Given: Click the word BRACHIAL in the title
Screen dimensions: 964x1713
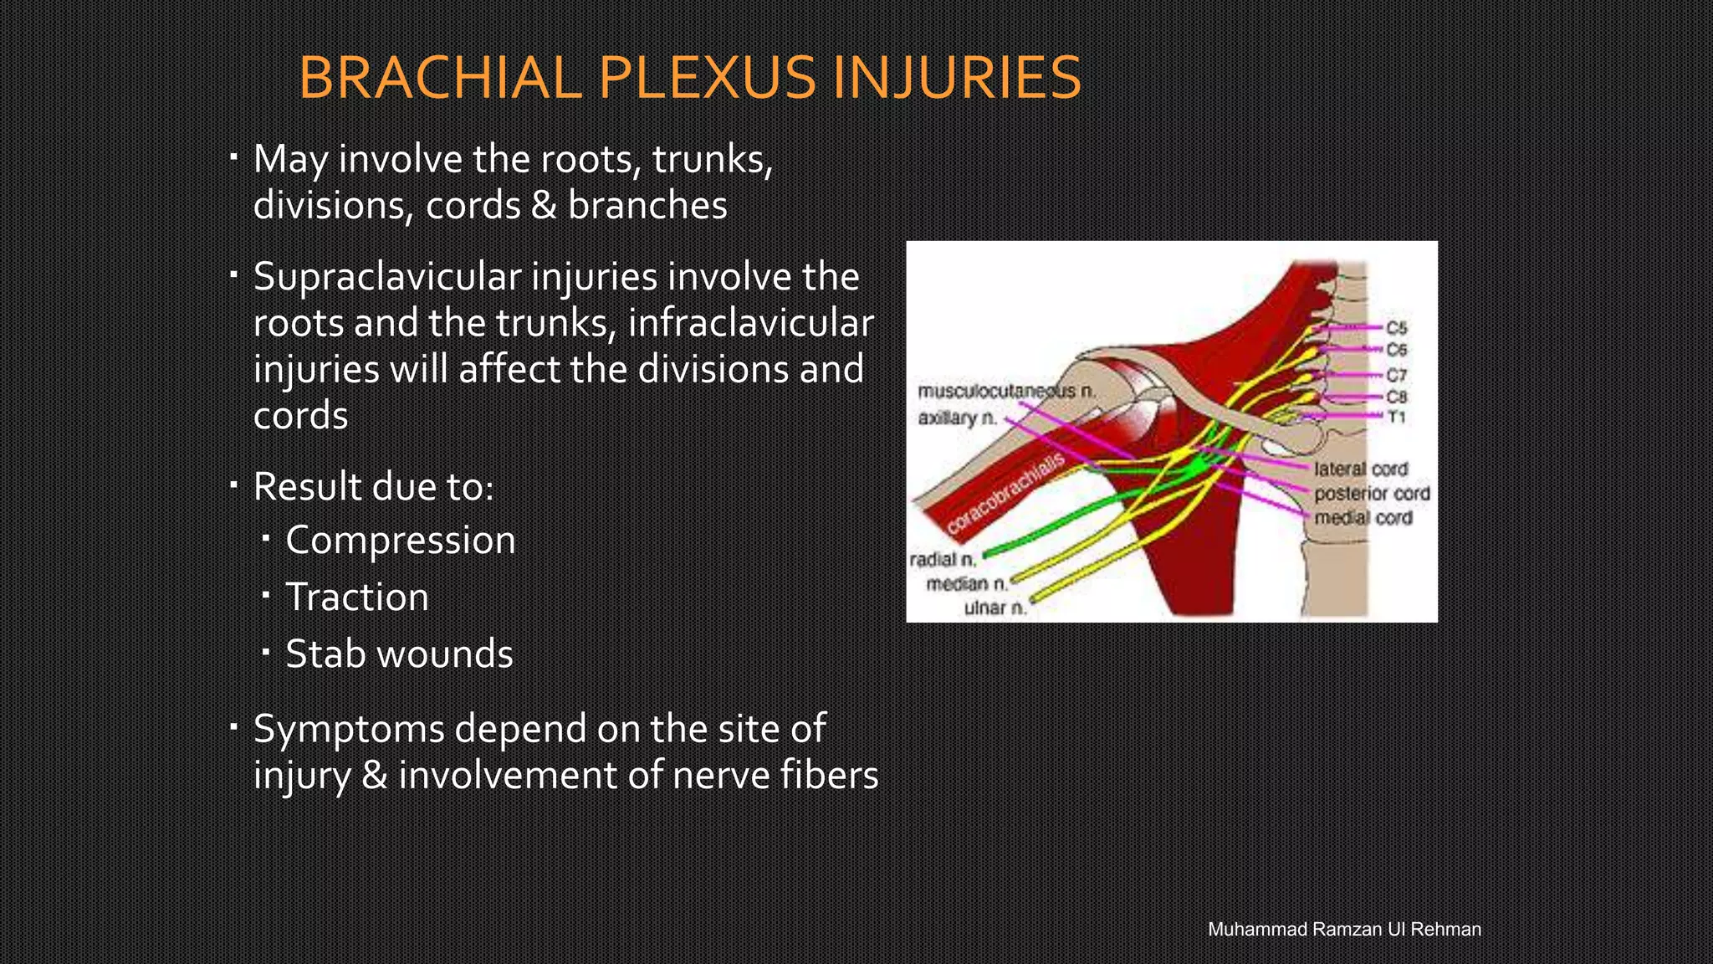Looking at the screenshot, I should [440, 78].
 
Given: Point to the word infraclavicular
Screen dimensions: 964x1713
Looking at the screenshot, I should [750, 323].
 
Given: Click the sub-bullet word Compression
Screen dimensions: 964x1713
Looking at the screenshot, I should [401, 541].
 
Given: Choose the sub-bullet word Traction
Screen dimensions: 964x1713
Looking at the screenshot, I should [357, 597].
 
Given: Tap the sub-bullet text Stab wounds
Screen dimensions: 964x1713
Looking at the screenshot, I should [399, 654].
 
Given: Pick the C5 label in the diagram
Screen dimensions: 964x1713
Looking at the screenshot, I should [1396, 328].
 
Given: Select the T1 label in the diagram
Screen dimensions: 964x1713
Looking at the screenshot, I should [1396, 417].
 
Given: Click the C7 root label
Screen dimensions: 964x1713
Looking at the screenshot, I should [1396, 375].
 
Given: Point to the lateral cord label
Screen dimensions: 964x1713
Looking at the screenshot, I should [1361, 469].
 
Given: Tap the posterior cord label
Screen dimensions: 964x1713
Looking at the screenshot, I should [1372, 494].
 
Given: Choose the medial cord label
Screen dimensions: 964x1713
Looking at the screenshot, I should [1363, 518].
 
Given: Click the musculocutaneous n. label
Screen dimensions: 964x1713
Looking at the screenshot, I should [1006, 392].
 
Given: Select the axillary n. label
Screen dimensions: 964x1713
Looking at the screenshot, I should [958, 418].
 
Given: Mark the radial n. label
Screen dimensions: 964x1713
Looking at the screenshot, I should [943, 560].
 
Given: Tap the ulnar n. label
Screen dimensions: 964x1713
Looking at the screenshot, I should [995, 608].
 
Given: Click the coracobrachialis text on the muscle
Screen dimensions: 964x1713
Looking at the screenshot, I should [1005, 494].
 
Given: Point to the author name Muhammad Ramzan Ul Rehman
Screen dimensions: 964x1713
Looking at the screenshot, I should [1344, 929].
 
